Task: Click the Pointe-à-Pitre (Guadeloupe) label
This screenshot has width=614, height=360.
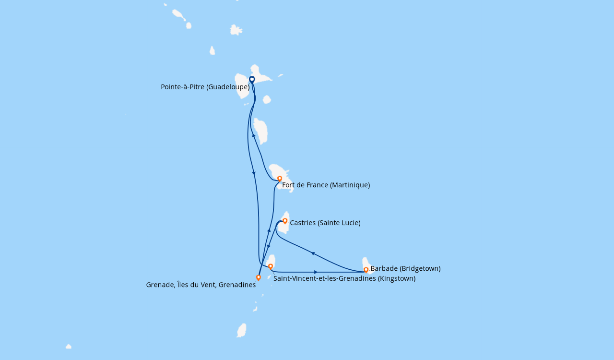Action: (205, 87)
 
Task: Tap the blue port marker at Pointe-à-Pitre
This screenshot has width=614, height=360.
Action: (252, 80)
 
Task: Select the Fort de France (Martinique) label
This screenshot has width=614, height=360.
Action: (326, 185)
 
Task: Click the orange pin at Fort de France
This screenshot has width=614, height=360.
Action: (280, 179)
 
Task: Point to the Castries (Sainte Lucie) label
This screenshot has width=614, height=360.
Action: (325, 223)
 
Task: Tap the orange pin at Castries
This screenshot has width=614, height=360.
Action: (285, 221)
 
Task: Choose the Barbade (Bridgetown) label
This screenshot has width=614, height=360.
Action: (406, 268)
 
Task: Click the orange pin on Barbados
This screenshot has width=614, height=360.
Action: (366, 270)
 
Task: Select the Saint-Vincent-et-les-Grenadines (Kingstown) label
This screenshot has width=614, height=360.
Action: (344, 278)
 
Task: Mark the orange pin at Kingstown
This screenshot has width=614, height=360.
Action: (271, 266)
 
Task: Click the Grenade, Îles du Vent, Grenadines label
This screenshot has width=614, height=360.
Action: (201, 285)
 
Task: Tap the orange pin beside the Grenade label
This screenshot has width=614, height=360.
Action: (258, 278)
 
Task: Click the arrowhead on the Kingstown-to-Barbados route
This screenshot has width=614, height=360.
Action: (316, 272)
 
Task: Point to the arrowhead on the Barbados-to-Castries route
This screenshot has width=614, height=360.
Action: (312, 253)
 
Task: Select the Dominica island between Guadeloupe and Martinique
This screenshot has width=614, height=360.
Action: (260, 131)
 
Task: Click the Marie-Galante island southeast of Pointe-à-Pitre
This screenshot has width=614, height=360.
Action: (267, 99)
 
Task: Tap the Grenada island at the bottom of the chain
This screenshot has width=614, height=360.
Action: (241, 330)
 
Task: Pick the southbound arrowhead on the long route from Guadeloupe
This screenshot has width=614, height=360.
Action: (254, 173)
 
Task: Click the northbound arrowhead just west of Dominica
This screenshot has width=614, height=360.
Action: (254, 135)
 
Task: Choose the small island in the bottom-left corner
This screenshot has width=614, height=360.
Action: (69, 347)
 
